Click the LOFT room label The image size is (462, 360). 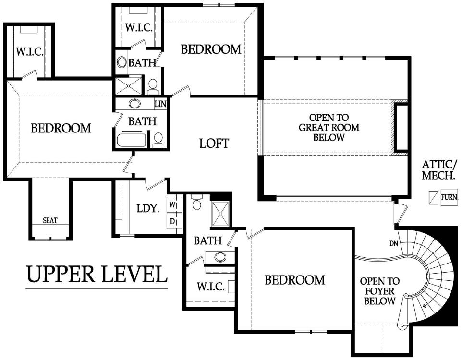pos(214,144)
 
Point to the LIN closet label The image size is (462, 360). pos(160,104)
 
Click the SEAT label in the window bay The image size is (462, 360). pos(50,220)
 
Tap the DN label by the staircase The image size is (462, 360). pos(394,244)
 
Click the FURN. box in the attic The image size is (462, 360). pos(450,197)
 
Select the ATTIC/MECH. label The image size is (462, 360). pos(440,170)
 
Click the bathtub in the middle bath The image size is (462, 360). pos(132,140)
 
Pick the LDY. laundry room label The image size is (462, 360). pos(148,209)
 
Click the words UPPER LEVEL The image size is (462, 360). pos(97,274)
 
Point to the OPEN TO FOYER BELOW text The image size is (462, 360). pos(379,291)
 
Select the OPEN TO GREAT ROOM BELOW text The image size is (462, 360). pos(329,128)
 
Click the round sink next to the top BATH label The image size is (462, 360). pos(122,62)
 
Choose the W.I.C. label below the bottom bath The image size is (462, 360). pos(211,287)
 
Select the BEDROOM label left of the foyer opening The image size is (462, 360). pos(295,280)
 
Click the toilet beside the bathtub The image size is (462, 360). pos(158,139)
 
